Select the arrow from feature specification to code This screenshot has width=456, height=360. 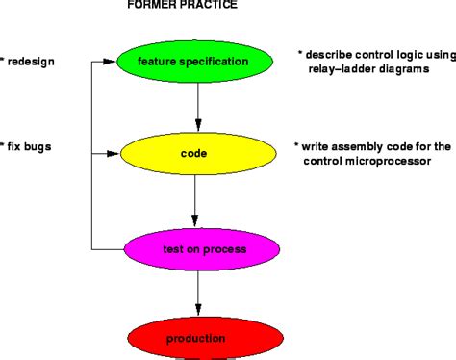click(x=198, y=106)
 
